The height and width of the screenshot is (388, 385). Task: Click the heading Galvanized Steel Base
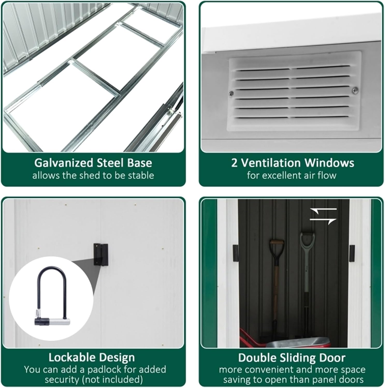point(93,163)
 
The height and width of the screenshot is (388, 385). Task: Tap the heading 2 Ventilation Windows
point(293,163)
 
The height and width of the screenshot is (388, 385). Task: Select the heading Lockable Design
point(92,357)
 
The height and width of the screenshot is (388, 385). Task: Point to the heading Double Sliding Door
point(292,358)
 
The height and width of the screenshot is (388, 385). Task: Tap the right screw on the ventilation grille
point(355,90)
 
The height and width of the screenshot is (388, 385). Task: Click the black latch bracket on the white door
point(101,255)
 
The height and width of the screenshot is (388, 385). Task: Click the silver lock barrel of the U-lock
point(61,322)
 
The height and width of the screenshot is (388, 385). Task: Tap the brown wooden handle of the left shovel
point(277,246)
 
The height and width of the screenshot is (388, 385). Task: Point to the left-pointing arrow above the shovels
point(323,210)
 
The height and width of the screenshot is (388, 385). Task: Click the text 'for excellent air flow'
point(292,175)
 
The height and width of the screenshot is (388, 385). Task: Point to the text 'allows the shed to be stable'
point(93,175)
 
